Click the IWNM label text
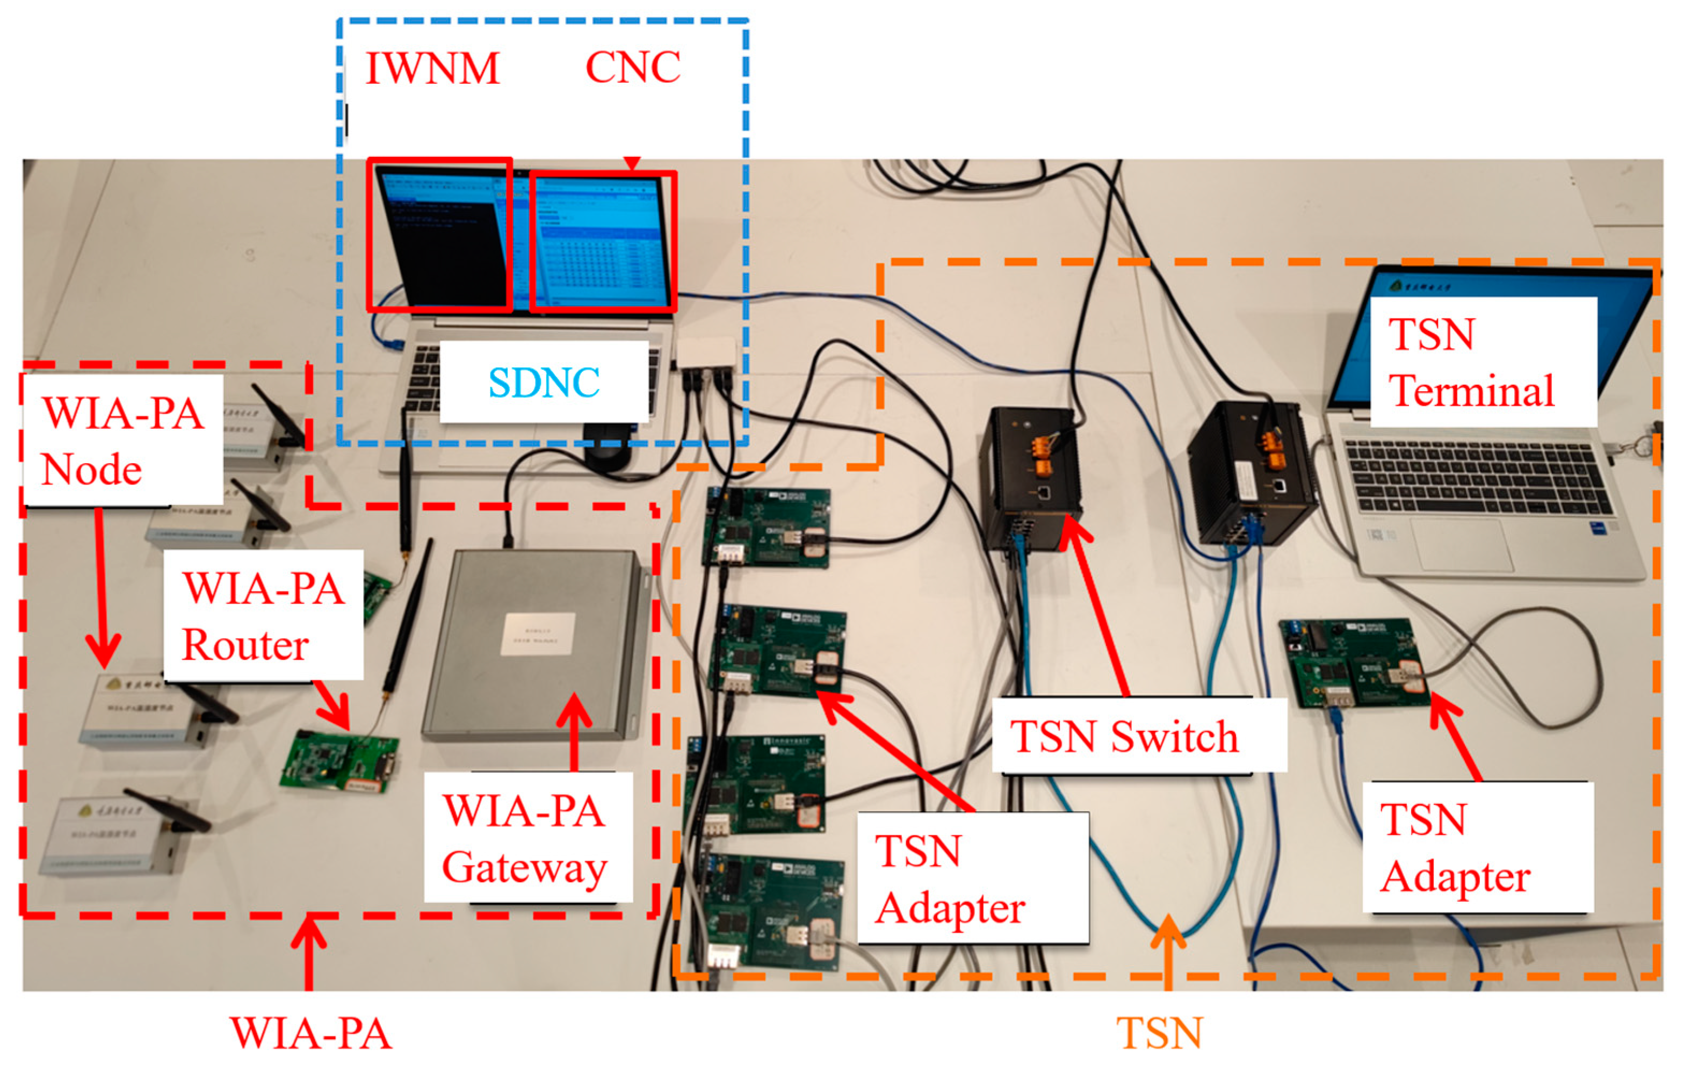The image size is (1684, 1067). pos(432,69)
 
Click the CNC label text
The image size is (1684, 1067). pos(632,67)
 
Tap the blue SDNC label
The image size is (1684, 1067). pos(544,382)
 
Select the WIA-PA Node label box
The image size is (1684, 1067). pos(122,439)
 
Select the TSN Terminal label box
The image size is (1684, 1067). pos(1483,362)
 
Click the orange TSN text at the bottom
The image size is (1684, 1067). pos(1158,1033)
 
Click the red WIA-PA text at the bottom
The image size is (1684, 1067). pos(310,1033)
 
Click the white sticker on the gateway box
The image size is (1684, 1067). pos(538,634)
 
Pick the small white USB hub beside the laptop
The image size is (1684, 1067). pos(706,354)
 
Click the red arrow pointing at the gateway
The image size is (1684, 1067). pos(574,731)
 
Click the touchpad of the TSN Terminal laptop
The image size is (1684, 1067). pos(1462,544)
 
